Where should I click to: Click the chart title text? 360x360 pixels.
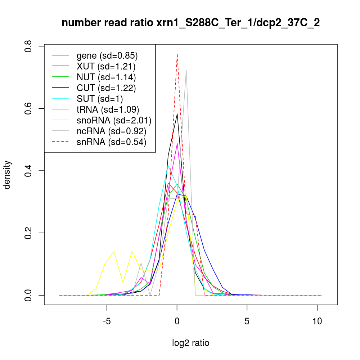pos(191,23)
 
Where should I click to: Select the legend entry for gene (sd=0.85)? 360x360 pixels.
pos(107,56)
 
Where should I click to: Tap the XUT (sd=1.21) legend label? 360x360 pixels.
pos(106,67)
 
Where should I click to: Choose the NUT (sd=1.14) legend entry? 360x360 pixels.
pos(106,77)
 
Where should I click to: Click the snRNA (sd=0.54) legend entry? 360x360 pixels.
pos(111,142)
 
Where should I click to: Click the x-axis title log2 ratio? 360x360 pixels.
pos(191,343)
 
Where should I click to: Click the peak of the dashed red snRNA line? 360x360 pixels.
pos(177,54)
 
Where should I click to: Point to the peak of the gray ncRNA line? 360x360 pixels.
pos(186,70)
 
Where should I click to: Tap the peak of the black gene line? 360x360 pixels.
pos(177,113)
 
